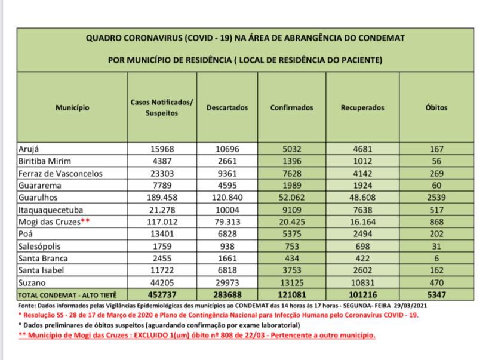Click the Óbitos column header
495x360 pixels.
pyautogui.click(x=441, y=108)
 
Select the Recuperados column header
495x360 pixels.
pyautogui.click(x=362, y=108)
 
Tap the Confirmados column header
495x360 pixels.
pyautogui.click(x=292, y=108)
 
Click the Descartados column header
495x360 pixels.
pyautogui.click(x=227, y=108)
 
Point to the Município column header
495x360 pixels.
pyautogui.click(x=72, y=108)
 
